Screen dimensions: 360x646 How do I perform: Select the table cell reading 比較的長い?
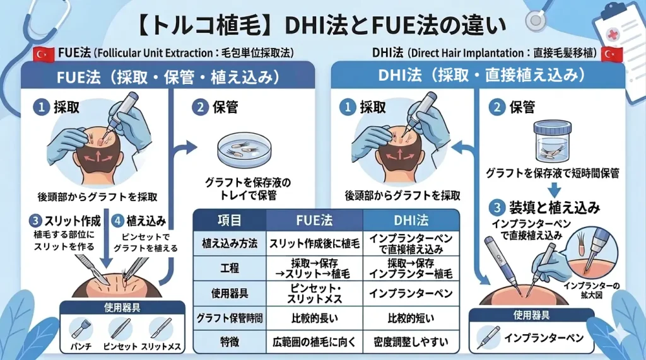coord(314,317)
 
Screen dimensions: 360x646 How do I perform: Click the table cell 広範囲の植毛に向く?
coord(314,342)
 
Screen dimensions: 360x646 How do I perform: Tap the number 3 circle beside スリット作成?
coord(35,221)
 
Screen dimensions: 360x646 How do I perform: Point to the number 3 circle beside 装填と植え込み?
coord(498,207)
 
